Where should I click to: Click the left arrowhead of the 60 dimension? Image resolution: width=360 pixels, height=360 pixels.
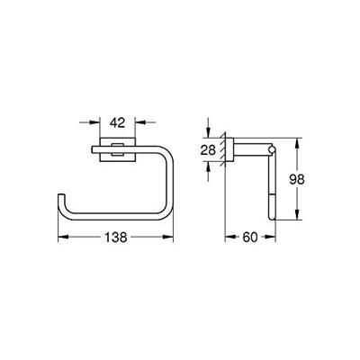(x=225, y=238)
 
